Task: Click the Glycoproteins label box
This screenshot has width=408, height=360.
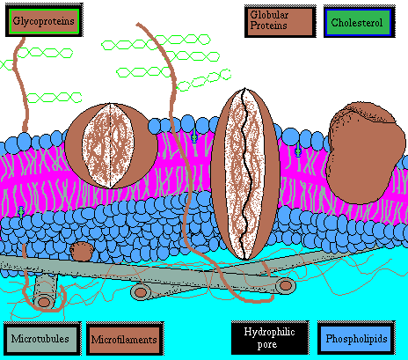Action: pos(44,21)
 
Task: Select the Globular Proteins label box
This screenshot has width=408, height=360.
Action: pos(280,21)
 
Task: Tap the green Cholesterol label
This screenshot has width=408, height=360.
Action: pos(360,22)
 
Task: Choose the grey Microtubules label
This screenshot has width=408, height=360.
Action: pos(41,339)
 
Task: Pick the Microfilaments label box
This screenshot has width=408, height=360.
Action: pos(125,339)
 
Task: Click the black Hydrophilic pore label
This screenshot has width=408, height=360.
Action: pos(270,338)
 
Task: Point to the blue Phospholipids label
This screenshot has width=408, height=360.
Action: pos(356,338)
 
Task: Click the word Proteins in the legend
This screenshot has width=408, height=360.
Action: pos(268,26)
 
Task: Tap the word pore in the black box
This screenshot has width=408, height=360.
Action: pos(267,344)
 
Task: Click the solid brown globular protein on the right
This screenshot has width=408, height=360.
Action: pos(362,152)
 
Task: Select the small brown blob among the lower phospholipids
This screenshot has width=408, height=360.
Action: pos(82,251)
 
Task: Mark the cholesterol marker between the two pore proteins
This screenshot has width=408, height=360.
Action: pos(194,136)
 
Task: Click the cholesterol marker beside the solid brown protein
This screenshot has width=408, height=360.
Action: pos(298,151)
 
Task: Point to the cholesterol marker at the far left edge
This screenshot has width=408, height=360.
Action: pos(21,211)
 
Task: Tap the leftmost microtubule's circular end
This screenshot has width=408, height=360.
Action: pos(44,301)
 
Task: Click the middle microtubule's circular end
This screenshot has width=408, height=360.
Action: pos(141,292)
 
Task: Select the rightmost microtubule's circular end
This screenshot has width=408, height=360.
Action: pos(285,285)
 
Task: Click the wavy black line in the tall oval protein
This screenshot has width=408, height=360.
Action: pos(245,173)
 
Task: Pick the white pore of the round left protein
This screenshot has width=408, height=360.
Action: pos(108,145)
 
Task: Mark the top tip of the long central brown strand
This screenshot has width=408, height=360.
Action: pos(137,24)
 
